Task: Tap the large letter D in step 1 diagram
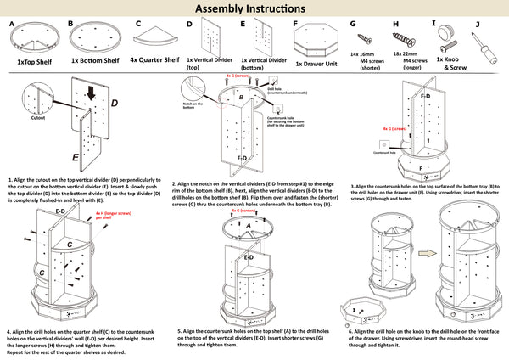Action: [x=115, y=104]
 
